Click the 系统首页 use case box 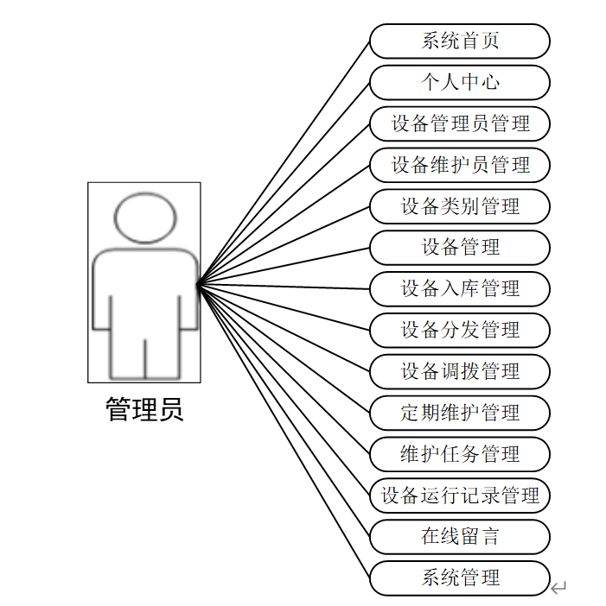click(460, 41)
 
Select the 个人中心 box click(460, 82)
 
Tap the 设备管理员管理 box click(460, 123)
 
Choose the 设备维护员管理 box click(460, 164)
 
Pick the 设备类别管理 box click(460, 205)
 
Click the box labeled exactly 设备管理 click(460, 247)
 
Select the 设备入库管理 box click(460, 288)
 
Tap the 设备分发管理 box click(460, 330)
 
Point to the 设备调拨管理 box click(460, 371)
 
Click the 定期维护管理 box click(460, 413)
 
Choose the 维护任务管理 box click(460, 453)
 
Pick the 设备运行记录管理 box click(460, 496)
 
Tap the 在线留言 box click(460, 536)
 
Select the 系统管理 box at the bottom click(460, 578)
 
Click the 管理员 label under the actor click(144, 410)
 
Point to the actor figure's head click(145, 218)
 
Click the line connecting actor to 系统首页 click(285, 163)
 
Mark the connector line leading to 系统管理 click(285, 430)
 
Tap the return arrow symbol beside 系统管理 click(558, 588)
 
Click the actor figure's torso click(144, 294)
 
